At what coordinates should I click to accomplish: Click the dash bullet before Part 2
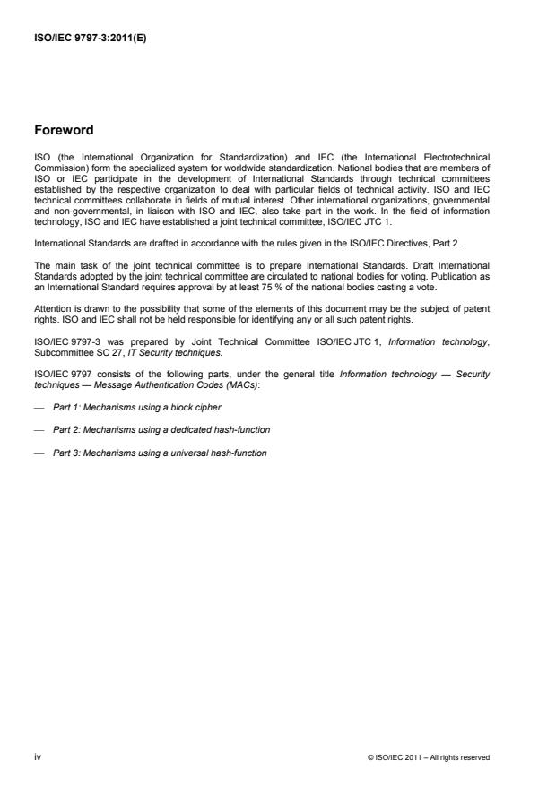tap(39, 430)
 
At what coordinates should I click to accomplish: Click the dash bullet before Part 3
tap(39, 453)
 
